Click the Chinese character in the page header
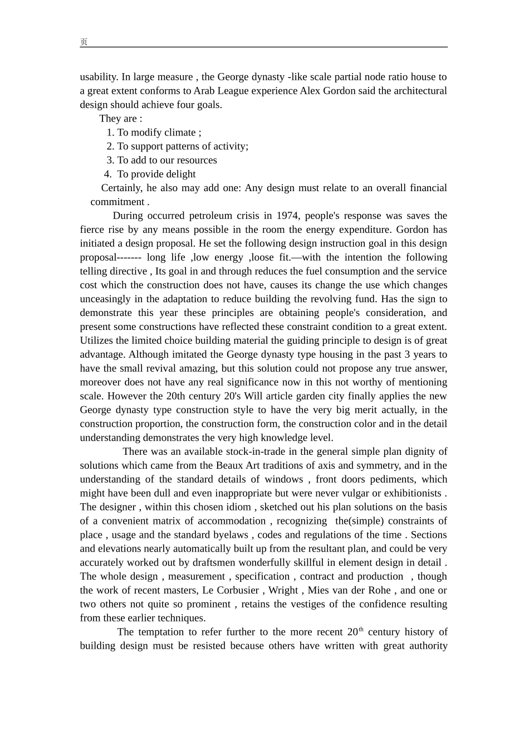pyautogui.click(x=84, y=42)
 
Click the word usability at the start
pyautogui.click(x=99, y=77)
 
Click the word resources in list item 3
pyautogui.click(x=194, y=160)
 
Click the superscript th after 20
pyautogui.click(x=361, y=630)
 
